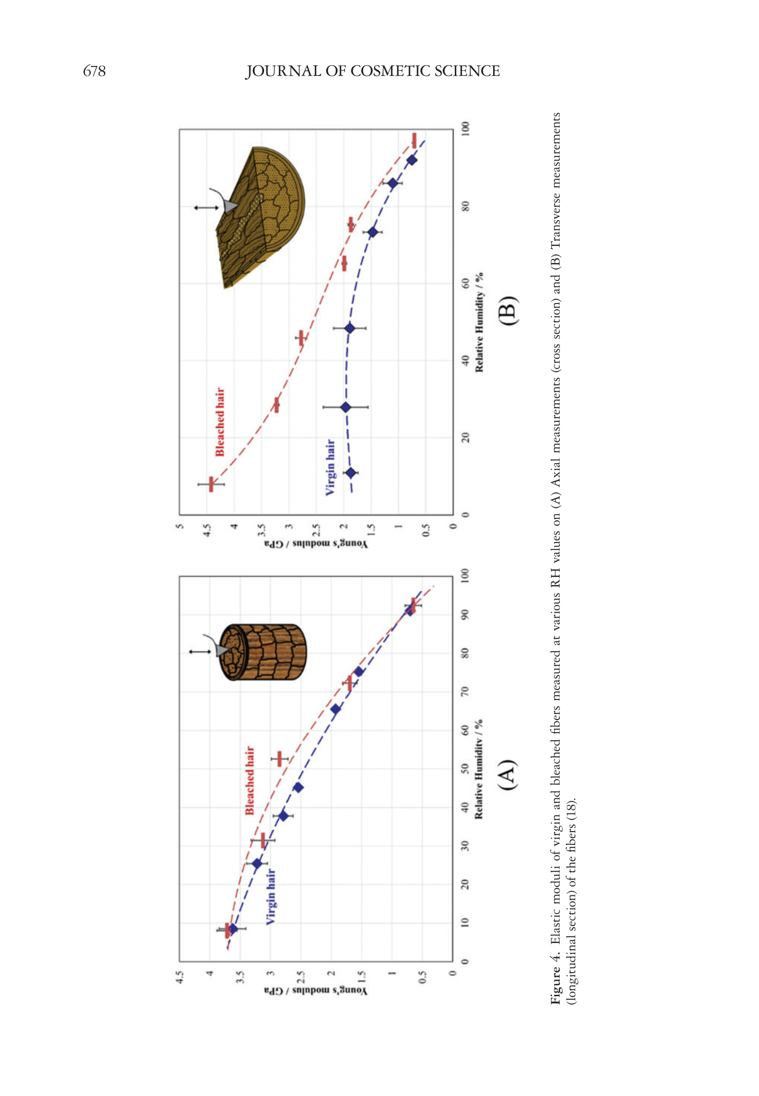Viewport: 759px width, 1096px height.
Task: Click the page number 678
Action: pyautogui.click(x=94, y=72)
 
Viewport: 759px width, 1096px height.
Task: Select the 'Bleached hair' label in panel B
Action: pyautogui.click(x=220, y=422)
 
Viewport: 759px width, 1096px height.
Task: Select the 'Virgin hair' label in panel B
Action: pyautogui.click(x=330, y=468)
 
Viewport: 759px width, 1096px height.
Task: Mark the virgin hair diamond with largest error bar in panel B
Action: pyautogui.click(x=346, y=407)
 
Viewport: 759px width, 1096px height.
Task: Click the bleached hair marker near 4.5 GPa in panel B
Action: pyautogui.click(x=211, y=484)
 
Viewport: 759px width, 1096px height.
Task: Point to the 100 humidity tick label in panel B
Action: pyautogui.click(x=466, y=128)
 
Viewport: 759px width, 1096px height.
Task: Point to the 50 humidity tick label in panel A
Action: pyautogui.click(x=466, y=769)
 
